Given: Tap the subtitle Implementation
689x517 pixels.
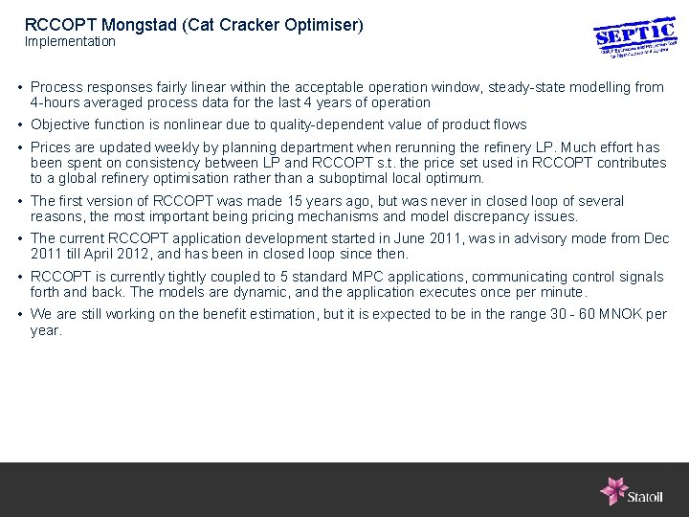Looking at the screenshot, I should click(x=70, y=42).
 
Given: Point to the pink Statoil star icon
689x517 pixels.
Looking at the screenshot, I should click(x=612, y=490).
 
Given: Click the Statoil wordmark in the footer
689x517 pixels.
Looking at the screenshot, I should click(x=645, y=496).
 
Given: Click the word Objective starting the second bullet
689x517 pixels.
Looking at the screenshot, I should click(x=60, y=124).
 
